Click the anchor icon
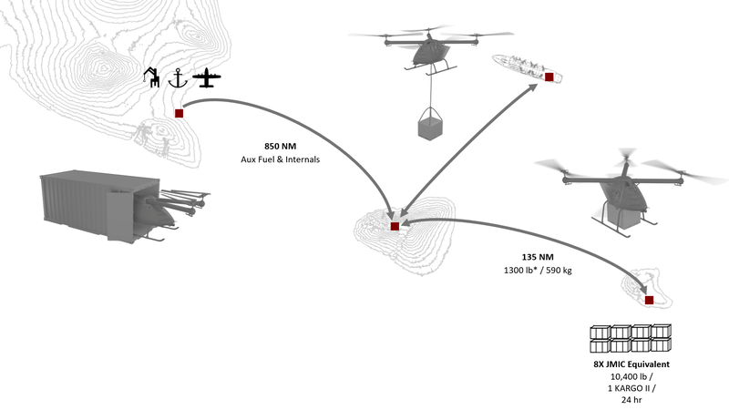(178, 79)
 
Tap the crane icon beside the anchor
(152, 77)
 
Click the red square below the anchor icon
(179, 113)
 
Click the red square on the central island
(394, 226)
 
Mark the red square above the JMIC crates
(649, 300)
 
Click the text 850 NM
(278, 146)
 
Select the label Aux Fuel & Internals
(278, 160)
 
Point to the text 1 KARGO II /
(631, 387)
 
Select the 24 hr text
(631, 400)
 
